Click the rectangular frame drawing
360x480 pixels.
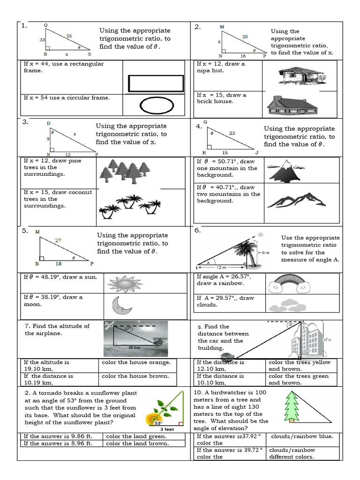[x=156, y=83]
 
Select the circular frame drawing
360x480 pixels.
[x=156, y=105]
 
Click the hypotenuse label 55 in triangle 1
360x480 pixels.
[x=69, y=36]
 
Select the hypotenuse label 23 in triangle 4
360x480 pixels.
[x=232, y=133]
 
